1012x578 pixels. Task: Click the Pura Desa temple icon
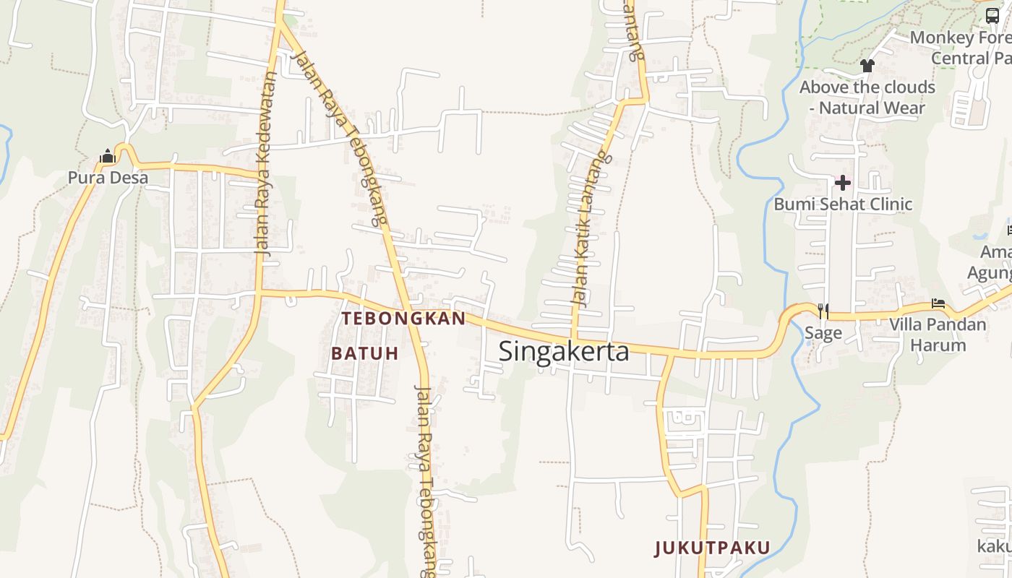[x=108, y=156]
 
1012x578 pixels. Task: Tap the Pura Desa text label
[x=108, y=178]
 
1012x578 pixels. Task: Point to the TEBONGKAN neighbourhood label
[x=404, y=319]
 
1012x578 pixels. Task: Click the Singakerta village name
[x=564, y=352]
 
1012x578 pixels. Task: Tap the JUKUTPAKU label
[x=713, y=548]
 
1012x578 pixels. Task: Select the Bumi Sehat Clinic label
[x=843, y=204]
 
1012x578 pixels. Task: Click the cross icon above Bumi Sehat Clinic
[x=843, y=183]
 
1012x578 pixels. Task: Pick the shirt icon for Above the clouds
[x=867, y=66]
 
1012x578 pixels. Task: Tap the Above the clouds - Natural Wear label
[x=867, y=98]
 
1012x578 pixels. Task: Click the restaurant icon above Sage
[x=823, y=311]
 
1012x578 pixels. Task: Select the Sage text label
[x=823, y=332]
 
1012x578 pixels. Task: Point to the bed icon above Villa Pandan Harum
[x=938, y=304]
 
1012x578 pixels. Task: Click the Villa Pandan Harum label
[x=938, y=334]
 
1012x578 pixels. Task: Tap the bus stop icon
[x=992, y=16]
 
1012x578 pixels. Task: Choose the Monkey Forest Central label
[x=961, y=47]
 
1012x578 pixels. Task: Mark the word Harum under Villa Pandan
[x=938, y=345]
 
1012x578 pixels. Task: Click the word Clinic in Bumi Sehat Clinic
[x=886, y=204]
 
